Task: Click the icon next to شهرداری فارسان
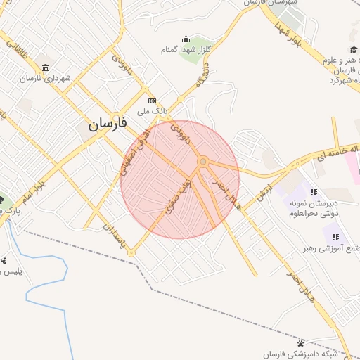coord(45,67)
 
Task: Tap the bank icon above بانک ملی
coord(151,101)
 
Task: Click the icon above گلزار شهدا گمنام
coord(186,39)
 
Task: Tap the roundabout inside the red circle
coord(202,162)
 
